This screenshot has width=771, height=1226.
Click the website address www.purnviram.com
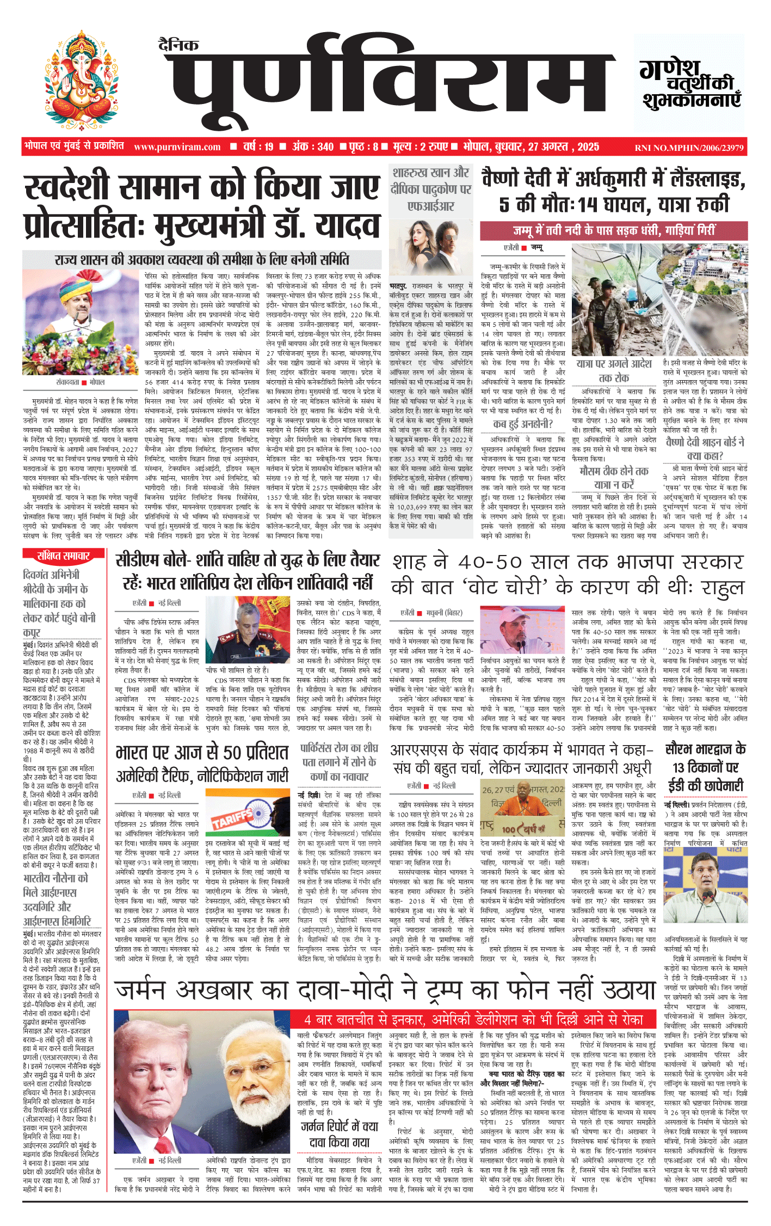(x=177, y=147)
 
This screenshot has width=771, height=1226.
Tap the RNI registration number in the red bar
(x=689, y=148)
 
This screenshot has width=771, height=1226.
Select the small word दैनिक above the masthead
(x=179, y=45)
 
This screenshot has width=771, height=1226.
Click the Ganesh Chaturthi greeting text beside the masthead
(x=690, y=84)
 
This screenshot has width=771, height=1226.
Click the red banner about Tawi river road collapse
(x=613, y=230)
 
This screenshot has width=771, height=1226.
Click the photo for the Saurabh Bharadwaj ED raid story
(x=706, y=872)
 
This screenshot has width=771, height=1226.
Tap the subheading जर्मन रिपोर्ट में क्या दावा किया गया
(x=339, y=1134)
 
